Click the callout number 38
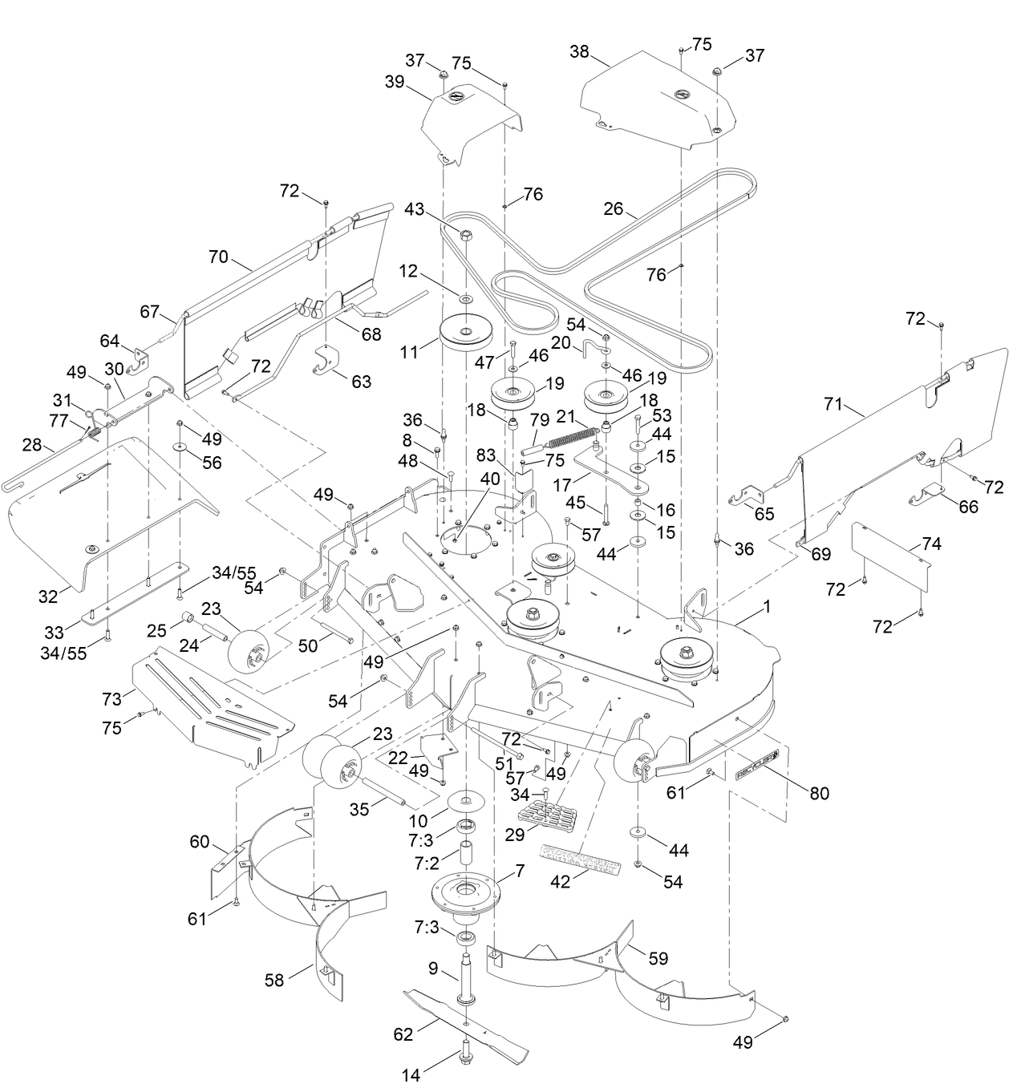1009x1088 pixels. coord(579,53)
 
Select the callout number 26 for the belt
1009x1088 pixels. coord(614,209)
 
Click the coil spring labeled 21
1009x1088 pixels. coord(573,437)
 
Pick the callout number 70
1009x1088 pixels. coord(218,258)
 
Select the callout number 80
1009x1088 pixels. coord(819,793)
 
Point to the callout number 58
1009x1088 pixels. coord(274,981)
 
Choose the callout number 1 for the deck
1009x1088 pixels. coord(766,607)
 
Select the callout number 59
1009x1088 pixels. coord(658,957)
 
